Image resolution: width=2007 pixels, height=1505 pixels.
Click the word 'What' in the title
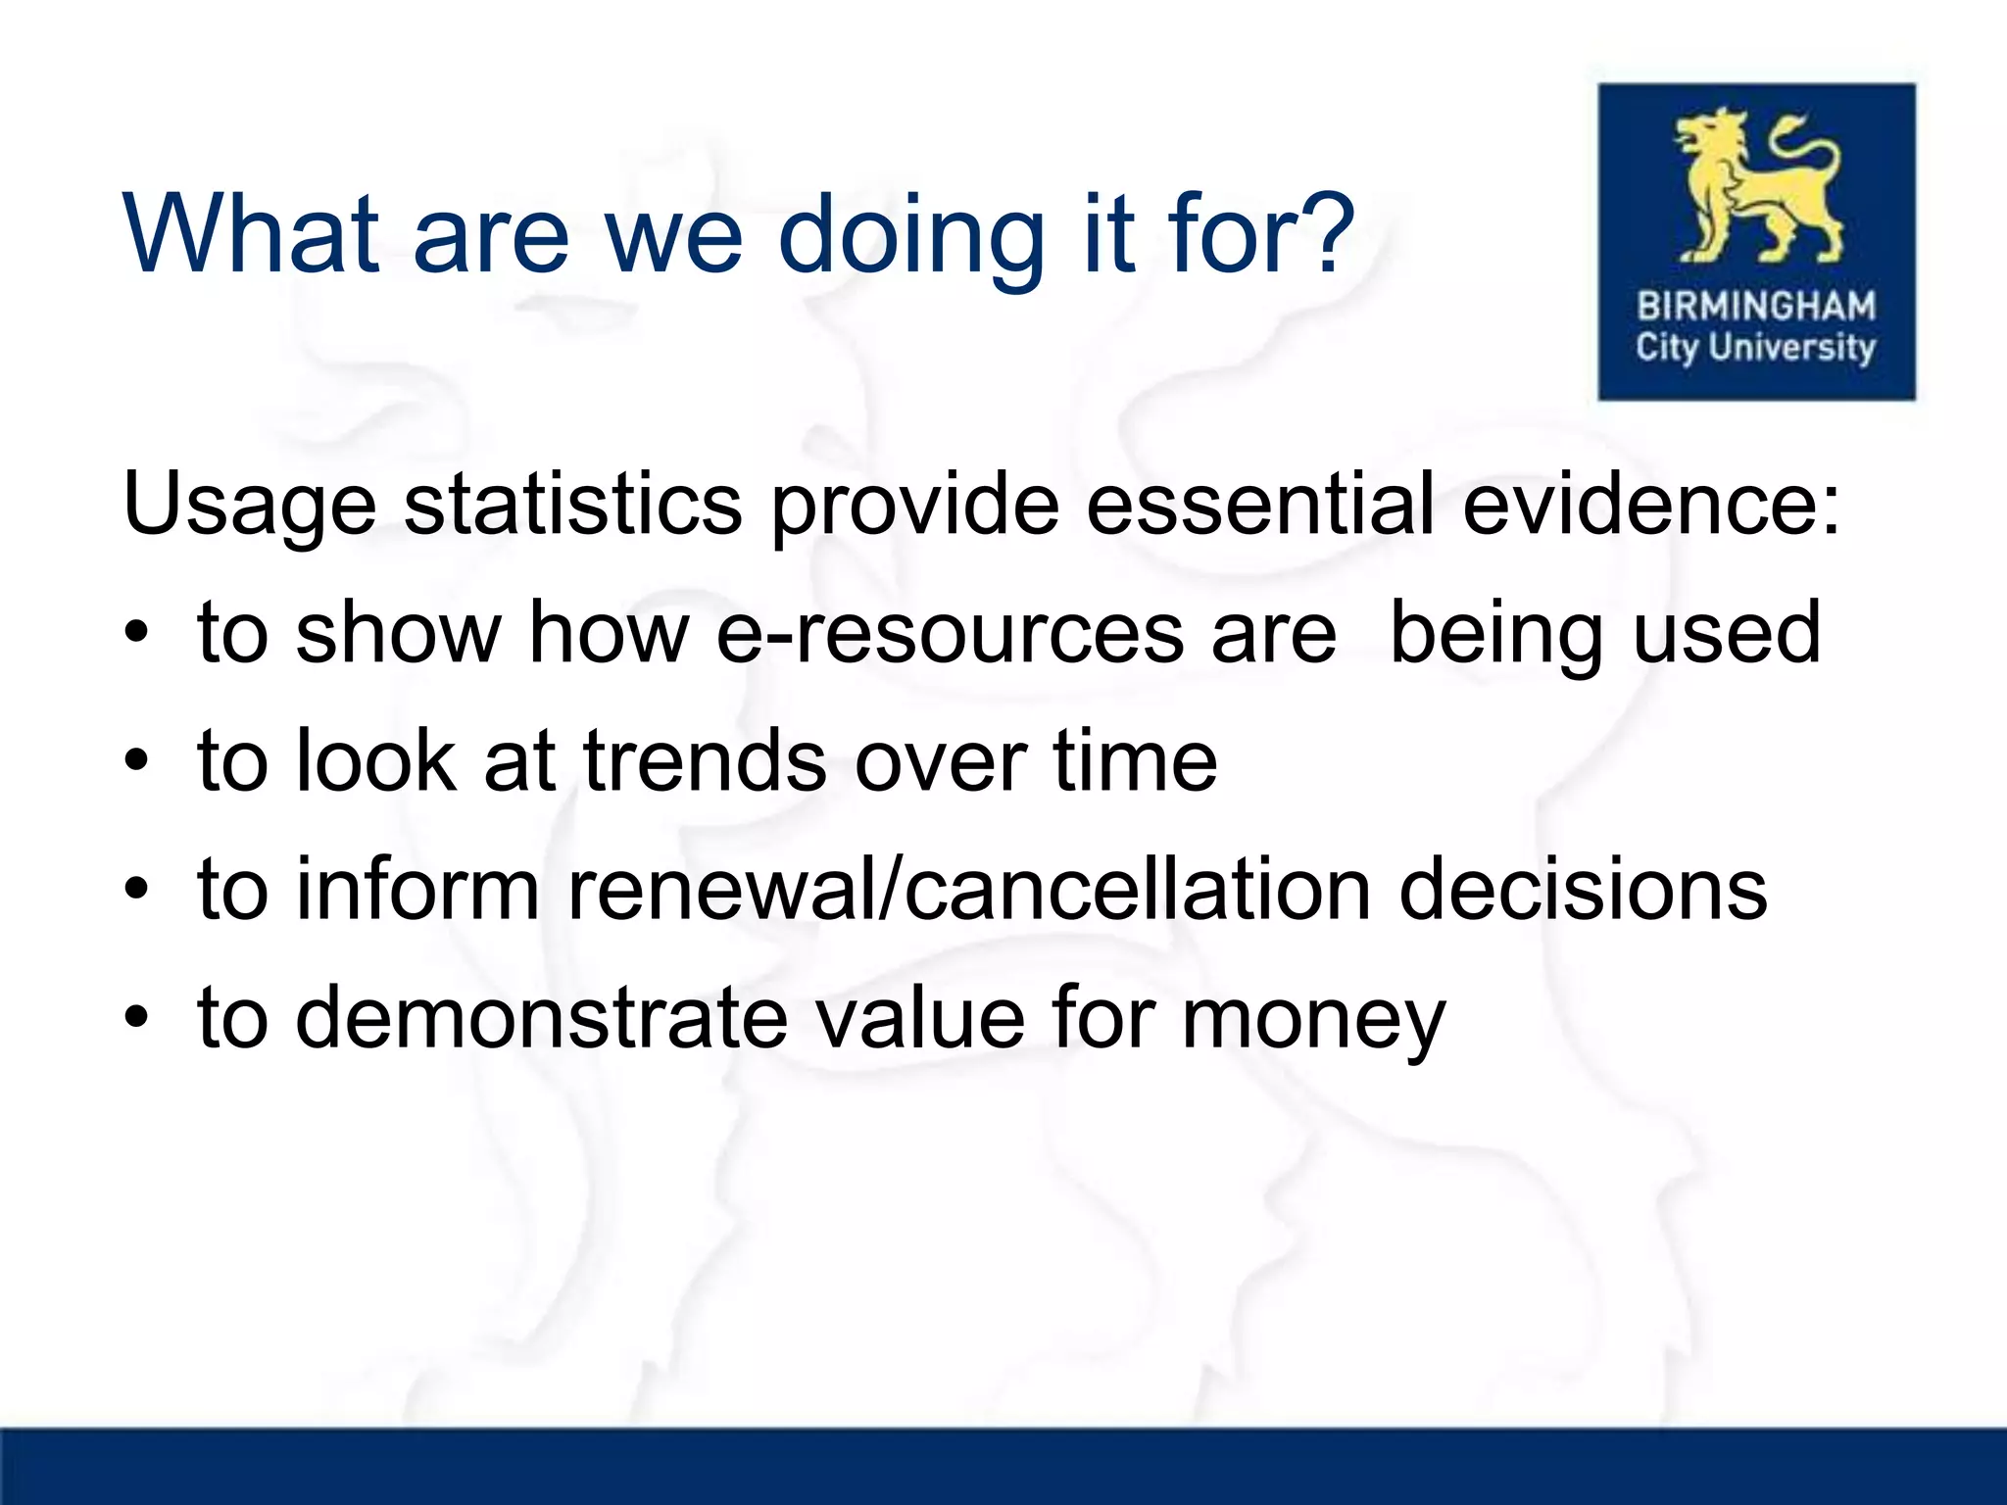(x=251, y=235)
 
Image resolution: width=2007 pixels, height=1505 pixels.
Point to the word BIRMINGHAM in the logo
(x=1756, y=307)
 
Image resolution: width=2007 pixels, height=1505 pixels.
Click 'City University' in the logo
(x=1756, y=348)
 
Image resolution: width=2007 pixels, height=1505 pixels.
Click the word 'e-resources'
(x=950, y=633)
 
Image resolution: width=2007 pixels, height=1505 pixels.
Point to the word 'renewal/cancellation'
(x=969, y=890)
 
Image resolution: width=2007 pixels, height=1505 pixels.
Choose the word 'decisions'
(x=1583, y=890)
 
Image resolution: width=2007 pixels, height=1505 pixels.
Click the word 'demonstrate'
(x=542, y=1018)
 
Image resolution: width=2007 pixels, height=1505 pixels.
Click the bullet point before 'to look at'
(x=137, y=761)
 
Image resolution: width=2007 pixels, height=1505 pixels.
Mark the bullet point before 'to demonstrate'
(x=137, y=1018)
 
